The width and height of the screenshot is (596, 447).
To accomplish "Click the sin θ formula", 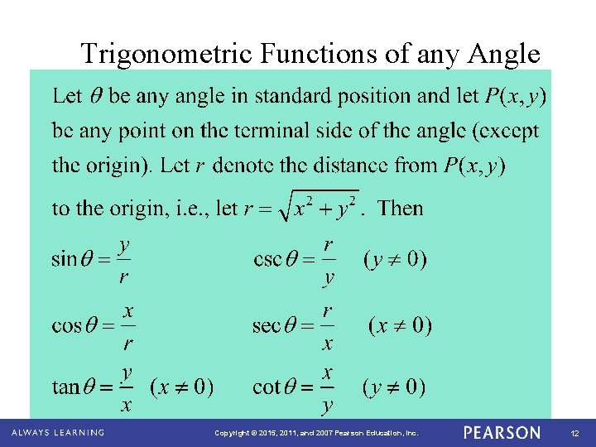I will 92,260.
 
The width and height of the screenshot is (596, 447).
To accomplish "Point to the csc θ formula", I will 295,260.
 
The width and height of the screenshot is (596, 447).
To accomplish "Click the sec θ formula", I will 294,325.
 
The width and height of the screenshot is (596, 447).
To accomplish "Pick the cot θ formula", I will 294,387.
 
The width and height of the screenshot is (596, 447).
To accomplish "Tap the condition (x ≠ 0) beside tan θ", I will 181,387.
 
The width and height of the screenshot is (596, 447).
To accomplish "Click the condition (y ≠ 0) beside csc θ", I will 395,260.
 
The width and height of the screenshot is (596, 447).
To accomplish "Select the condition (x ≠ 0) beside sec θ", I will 400,324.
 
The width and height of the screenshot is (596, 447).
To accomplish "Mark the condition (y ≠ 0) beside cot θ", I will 395,387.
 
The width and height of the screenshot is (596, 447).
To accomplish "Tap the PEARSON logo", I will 502,433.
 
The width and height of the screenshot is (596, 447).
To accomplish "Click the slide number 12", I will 574,433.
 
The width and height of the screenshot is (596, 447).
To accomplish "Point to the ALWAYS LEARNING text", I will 58,433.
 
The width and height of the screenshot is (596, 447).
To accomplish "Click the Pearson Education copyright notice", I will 316,433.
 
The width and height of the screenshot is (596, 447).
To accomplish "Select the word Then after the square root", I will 400,208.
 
